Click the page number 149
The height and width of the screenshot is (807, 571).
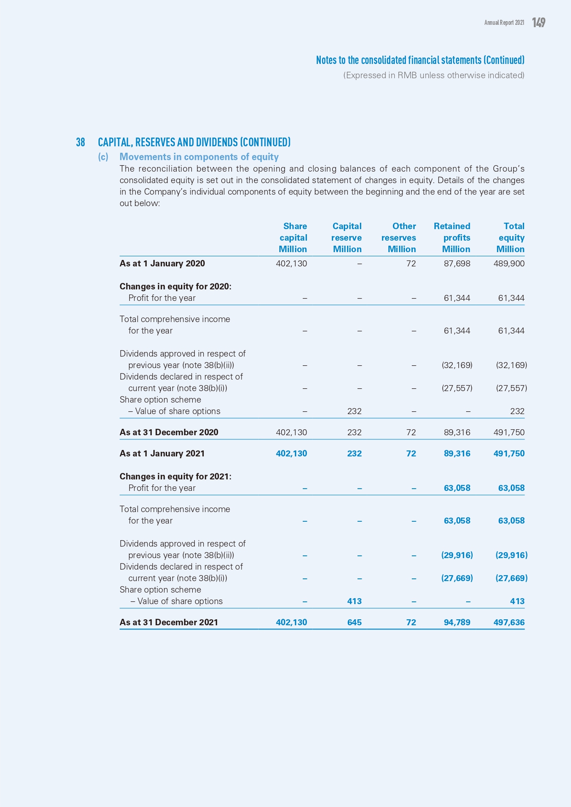tap(538, 23)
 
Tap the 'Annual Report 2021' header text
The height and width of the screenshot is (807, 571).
tap(504, 23)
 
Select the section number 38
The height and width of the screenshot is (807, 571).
tap(81, 142)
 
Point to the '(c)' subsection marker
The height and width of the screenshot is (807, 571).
tap(103, 157)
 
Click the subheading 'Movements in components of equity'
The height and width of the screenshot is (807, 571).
tap(199, 157)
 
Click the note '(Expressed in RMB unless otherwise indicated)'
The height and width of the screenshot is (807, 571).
tap(433, 75)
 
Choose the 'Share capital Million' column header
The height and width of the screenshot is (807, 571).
tap(293, 237)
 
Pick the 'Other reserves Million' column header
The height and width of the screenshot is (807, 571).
tap(399, 237)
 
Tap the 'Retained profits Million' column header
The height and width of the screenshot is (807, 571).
tap(452, 237)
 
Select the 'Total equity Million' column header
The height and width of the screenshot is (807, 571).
tap(511, 237)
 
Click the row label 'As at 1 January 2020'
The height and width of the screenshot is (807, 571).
tap(162, 264)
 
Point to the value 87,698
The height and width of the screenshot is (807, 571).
tap(457, 264)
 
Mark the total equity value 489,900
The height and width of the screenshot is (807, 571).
tap(509, 264)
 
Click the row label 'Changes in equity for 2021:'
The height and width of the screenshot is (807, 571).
tap(175, 477)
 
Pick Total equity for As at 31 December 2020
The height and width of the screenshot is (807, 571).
tap(509, 432)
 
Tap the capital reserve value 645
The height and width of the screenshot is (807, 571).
tap(354, 623)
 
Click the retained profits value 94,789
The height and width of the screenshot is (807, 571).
tap(457, 623)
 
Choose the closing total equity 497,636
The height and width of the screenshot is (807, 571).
tap(509, 623)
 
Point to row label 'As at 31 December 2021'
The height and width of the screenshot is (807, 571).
tap(168, 623)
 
